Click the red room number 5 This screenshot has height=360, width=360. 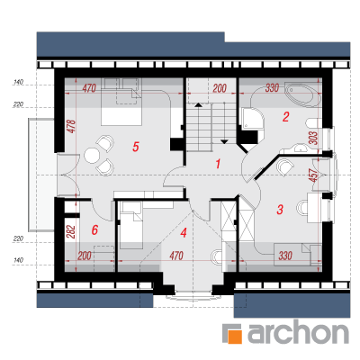click(x=136, y=147)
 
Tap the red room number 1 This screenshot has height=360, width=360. click(x=218, y=164)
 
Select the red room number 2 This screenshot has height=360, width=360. click(x=285, y=117)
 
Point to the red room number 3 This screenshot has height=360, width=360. click(x=280, y=210)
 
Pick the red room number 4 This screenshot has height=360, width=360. click(x=184, y=232)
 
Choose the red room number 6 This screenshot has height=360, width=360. click(x=94, y=230)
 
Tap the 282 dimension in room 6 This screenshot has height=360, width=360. click(x=71, y=232)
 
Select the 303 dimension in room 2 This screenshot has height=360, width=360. click(x=313, y=139)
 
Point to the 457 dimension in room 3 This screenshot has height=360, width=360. click(x=313, y=175)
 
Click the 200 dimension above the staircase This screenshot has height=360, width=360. click(x=220, y=88)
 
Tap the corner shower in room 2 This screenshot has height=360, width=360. click(x=252, y=118)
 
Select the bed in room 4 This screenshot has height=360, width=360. click(x=131, y=225)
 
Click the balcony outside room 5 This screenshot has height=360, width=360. click(x=41, y=175)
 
